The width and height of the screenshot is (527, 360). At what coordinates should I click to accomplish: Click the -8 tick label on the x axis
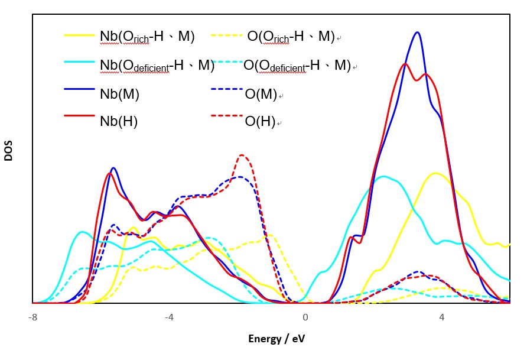coord(32,317)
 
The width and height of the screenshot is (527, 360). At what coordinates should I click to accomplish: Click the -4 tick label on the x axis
coord(169,317)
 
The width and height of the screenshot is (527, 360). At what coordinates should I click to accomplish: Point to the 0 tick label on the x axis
coord(305,317)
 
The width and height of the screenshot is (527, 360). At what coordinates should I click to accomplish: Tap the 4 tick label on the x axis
coord(441,317)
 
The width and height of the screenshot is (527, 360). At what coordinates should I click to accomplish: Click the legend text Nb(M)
coord(119,93)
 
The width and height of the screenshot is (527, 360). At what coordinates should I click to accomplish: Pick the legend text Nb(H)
coord(119,121)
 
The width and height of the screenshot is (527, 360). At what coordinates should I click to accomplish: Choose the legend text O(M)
coord(261,93)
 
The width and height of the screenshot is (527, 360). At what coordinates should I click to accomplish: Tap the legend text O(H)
coord(260,122)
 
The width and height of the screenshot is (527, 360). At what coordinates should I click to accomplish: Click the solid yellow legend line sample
coord(80,35)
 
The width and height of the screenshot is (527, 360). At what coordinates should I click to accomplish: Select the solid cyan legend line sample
coord(80,61)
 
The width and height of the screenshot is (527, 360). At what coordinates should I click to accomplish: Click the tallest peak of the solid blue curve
coord(418,33)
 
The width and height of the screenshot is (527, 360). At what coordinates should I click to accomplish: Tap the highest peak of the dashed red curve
coord(242,155)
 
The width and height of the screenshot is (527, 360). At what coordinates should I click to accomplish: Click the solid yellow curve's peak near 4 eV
coord(436,173)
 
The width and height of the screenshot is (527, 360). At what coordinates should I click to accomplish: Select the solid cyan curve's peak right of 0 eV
coord(385,176)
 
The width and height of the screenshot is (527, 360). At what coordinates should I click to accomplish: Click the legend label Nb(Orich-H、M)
coord(147,37)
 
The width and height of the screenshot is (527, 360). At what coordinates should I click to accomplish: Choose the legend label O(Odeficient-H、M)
coord(297,65)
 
